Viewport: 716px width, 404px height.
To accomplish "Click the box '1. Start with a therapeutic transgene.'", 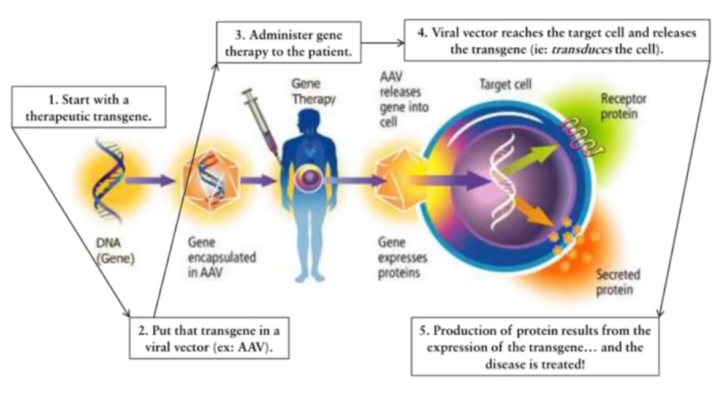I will [90, 107].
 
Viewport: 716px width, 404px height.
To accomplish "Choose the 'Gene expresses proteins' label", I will [400, 258].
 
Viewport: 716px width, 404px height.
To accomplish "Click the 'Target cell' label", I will [505, 85].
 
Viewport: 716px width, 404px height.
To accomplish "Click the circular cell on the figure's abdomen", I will [308, 180].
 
